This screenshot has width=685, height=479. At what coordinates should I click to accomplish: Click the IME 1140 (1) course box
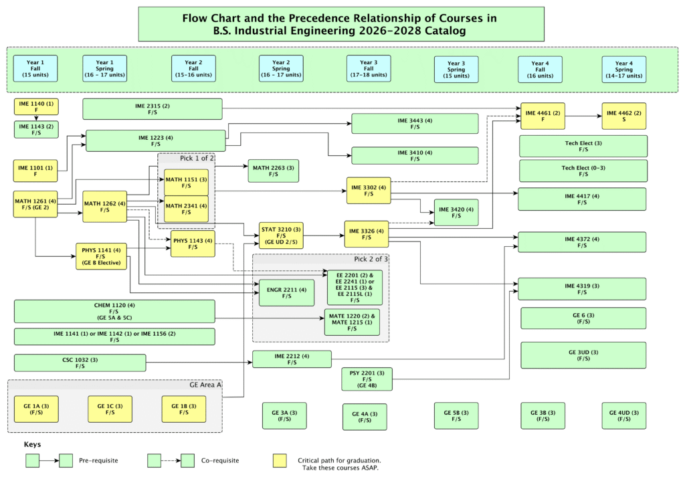[36, 107]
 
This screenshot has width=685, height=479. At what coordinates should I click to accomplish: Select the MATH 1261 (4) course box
[35, 204]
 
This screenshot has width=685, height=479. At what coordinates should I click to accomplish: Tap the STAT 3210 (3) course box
[281, 235]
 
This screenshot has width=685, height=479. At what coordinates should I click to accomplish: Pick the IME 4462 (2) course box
[623, 116]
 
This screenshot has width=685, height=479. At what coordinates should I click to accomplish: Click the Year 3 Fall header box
[369, 68]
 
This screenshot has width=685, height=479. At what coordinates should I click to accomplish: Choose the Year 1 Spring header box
[104, 68]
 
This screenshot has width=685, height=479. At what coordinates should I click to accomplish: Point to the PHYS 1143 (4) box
[193, 244]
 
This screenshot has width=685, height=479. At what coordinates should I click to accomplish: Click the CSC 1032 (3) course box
[80, 363]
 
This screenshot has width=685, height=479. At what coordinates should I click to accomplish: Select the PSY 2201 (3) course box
[367, 379]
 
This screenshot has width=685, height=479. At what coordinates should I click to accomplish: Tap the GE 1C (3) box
[110, 409]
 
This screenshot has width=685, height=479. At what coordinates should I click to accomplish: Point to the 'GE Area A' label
[205, 385]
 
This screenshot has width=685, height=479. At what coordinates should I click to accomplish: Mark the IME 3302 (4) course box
[368, 191]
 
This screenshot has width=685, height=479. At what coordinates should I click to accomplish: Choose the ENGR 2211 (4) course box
[286, 292]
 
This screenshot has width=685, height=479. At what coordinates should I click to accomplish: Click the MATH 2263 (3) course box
[273, 171]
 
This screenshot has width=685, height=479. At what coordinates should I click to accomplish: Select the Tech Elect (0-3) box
[583, 171]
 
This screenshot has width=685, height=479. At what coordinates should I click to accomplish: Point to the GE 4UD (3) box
[623, 415]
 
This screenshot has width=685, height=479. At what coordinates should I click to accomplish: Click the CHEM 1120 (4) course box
[114, 312]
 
